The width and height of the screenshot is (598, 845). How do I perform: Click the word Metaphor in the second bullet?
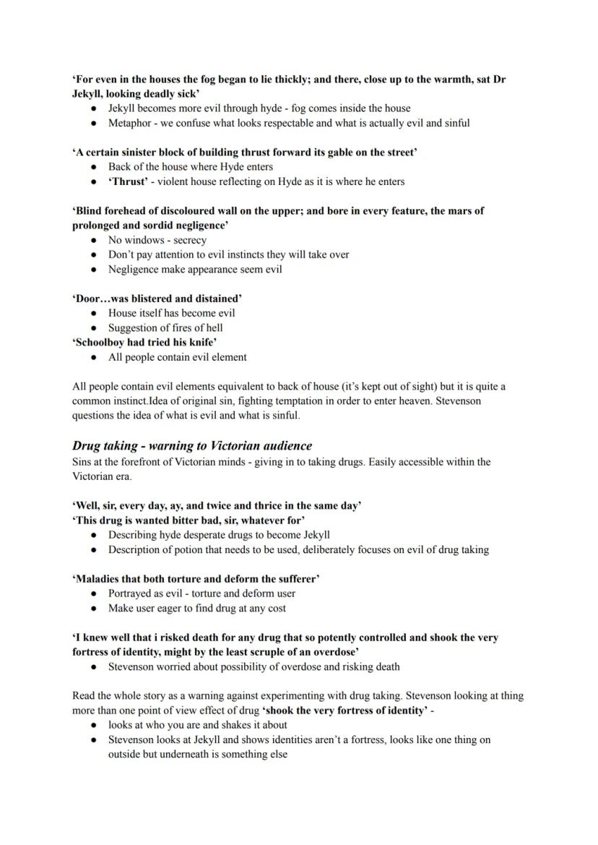130,123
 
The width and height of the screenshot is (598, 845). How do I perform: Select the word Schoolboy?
101,343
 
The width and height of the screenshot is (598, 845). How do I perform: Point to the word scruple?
235,652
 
